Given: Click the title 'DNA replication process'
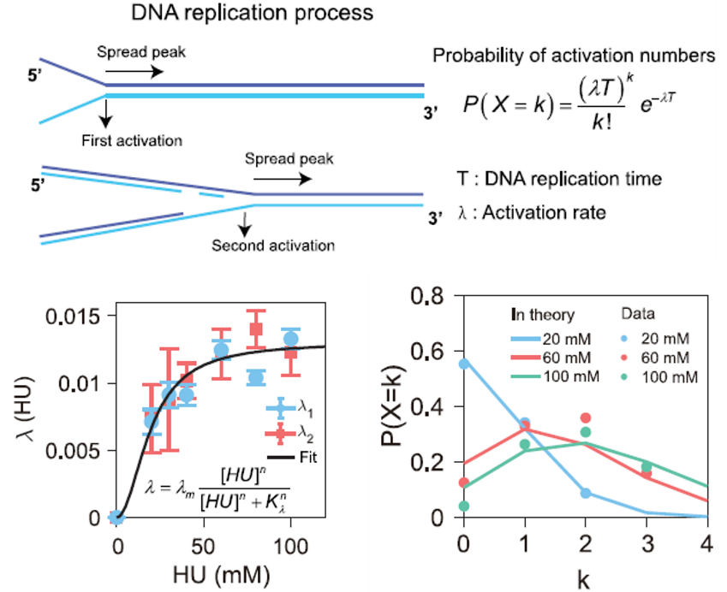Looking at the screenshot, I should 253,14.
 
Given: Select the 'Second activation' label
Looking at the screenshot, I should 273,246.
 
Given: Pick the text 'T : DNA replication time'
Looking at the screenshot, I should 560,179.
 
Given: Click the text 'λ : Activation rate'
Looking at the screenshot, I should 533,212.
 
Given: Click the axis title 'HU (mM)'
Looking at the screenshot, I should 204,576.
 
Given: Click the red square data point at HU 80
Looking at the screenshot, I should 256,329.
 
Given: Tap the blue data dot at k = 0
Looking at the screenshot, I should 465,363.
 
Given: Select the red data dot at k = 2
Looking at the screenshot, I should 585,417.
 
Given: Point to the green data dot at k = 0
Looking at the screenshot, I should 465,506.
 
